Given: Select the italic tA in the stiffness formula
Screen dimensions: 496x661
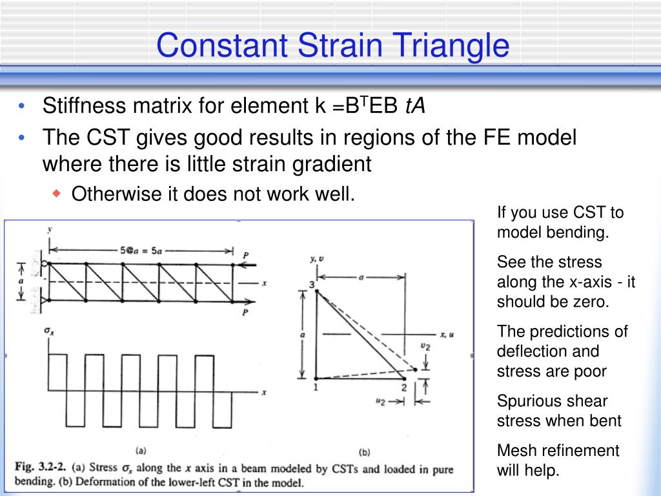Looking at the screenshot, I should pyautogui.click(x=415, y=105).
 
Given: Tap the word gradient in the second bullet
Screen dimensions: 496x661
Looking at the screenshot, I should pyautogui.click(x=333, y=164).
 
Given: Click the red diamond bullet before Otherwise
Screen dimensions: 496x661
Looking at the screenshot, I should pyautogui.click(x=56, y=193).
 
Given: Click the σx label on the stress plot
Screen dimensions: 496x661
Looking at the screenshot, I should pyautogui.click(x=48, y=331).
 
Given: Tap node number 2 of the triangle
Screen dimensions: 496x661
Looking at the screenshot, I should pyautogui.click(x=403, y=387).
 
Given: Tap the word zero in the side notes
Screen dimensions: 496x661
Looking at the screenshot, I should pyautogui.click(x=588, y=302).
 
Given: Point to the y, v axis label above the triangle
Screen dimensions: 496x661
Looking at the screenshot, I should pyautogui.click(x=316, y=258).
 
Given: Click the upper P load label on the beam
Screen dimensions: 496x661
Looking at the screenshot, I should pyautogui.click(x=245, y=256).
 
